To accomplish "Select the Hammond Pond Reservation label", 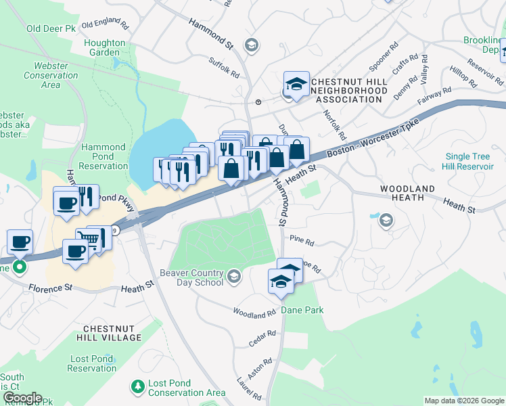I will (103, 156).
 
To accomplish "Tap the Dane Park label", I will (304, 310).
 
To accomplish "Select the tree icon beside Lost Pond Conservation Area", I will (138, 386).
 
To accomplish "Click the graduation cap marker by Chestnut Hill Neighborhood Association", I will (296, 84).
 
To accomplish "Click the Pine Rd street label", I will (302, 241).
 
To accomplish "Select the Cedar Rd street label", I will (262, 338).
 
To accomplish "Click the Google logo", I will (22, 398).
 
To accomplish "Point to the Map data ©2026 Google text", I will (463, 401).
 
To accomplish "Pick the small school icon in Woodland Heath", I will (386, 219).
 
